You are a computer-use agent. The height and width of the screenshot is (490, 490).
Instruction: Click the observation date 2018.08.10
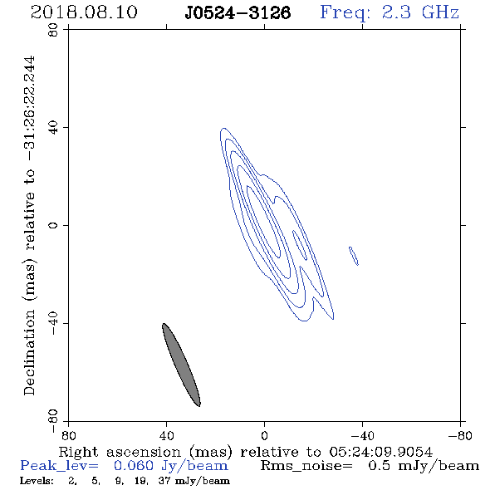coord(84,12)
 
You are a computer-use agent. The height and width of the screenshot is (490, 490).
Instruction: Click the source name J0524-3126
coord(238,12)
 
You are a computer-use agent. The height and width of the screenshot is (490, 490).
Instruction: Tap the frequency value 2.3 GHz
coord(420,12)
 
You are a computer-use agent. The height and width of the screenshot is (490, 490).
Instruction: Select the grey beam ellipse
coord(181,365)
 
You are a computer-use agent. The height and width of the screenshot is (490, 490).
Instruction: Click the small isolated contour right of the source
coord(354,256)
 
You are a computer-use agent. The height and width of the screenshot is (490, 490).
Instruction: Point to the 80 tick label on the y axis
coord(53,30)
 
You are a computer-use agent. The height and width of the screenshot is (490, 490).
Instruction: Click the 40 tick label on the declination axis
coord(53,128)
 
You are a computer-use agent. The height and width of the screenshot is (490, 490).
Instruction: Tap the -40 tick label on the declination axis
coord(53,323)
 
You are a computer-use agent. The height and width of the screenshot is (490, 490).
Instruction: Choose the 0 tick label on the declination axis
coord(53,225)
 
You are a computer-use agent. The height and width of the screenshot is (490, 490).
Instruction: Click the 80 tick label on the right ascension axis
coord(68,435)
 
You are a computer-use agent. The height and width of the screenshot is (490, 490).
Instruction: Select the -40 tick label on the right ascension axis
coord(362,435)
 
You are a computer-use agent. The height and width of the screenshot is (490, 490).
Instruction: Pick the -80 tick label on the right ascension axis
coord(460,435)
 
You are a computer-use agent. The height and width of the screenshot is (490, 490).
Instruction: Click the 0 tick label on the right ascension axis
coord(264,435)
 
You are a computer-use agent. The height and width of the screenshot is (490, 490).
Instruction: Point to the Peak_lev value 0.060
coord(134,466)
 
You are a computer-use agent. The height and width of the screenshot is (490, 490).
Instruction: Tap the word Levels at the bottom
coord(37,481)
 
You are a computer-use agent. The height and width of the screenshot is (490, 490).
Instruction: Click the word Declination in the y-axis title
coord(29,353)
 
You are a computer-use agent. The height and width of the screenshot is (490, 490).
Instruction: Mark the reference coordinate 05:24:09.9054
coord(380,452)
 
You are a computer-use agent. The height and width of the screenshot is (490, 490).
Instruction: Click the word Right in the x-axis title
coord(78,452)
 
